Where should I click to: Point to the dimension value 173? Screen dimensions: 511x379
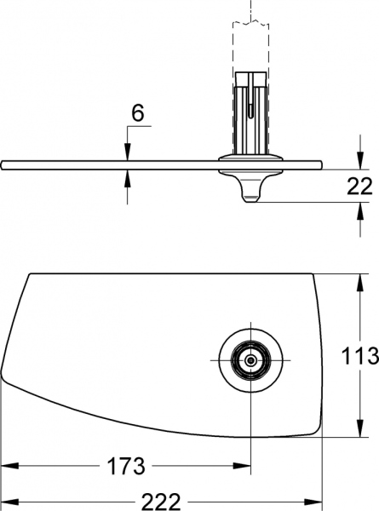tap(126, 467)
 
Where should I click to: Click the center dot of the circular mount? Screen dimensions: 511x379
tap(250, 360)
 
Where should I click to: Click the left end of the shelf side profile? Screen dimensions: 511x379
tap(3, 164)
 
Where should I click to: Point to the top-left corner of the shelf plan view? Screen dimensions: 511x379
tap(32, 275)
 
